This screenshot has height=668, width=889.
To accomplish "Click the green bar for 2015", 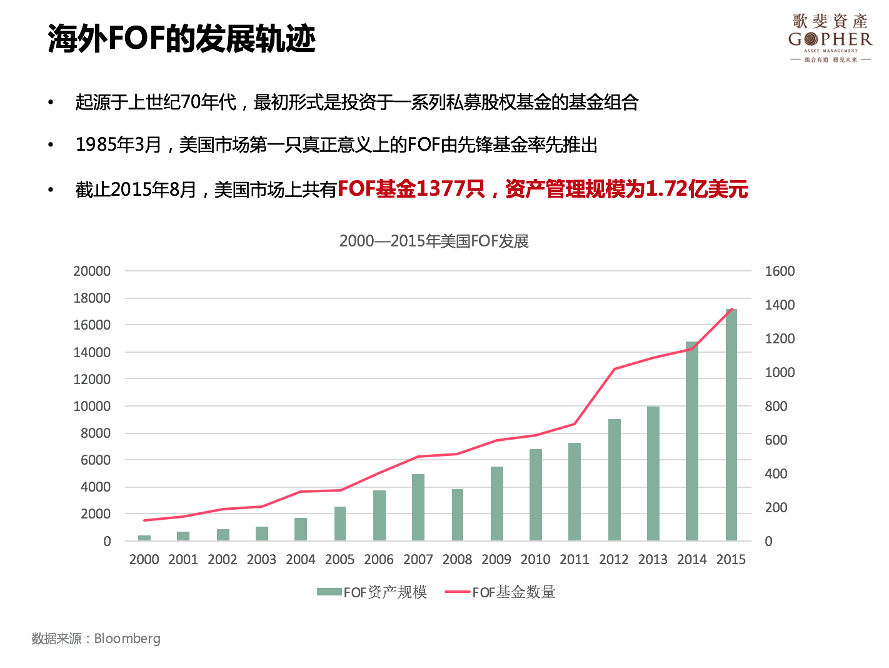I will pyautogui.click(x=731, y=425).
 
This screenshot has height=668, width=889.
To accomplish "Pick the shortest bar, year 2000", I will pyautogui.click(x=144, y=538).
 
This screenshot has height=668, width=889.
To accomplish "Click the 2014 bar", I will pyautogui.click(x=692, y=441).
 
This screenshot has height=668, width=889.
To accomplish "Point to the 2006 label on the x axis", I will pyautogui.click(x=379, y=559).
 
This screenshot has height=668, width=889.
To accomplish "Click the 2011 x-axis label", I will pyautogui.click(x=575, y=559).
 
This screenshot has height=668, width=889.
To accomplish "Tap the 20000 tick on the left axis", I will pyautogui.click(x=92, y=271).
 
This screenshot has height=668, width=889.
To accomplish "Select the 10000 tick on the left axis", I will pyautogui.click(x=92, y=406).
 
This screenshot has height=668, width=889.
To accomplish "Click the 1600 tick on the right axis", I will pyautogui.click(x=780, y=271).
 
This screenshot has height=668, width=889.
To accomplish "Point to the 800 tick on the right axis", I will pyautogui.click(x=776, y=406).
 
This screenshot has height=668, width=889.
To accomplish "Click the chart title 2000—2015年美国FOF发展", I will pyautogui.click(x=434, y=241).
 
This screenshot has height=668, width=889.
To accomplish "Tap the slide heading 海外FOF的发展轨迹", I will pyautogui.click(x=181, y=39).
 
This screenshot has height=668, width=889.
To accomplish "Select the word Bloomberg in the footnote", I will pyautogui.click(x=127, y=639).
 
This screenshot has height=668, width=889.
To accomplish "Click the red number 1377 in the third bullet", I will pyautogui.click(x=441, y=188).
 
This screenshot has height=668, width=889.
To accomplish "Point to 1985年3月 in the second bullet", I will pyautogui.click(x=118, y=145).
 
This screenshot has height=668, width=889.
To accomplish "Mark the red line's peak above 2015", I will pyautogui.click(x=731, y=309).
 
